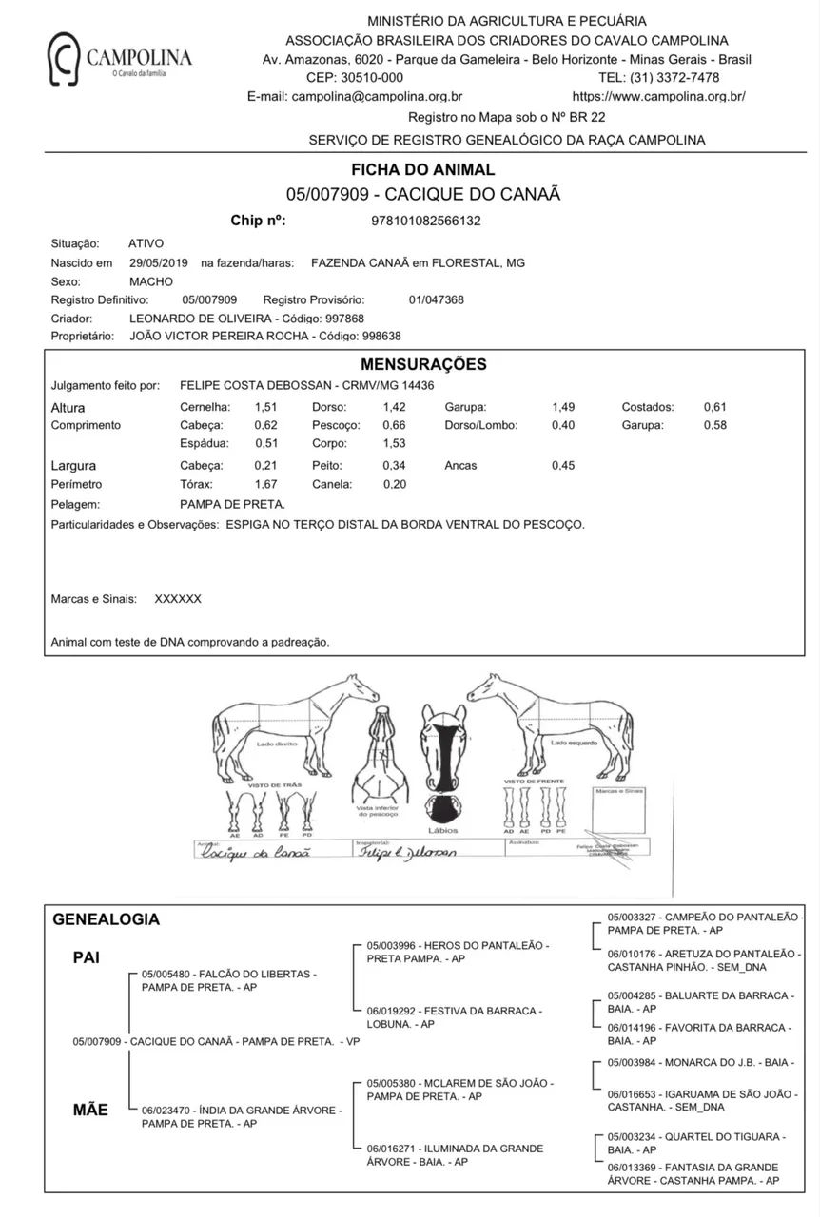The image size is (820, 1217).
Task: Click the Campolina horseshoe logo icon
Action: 65,58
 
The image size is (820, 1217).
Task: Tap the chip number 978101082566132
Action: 425,221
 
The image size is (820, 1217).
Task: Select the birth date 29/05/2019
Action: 159,262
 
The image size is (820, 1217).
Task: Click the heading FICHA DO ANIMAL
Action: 423,170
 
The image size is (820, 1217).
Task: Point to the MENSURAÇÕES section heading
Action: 423,364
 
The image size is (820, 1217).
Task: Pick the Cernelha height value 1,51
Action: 265,407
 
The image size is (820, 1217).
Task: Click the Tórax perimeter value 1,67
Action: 265,484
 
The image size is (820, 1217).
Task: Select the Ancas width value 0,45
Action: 563,466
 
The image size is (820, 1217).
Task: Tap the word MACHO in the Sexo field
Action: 151,281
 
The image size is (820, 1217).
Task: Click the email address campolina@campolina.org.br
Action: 378,96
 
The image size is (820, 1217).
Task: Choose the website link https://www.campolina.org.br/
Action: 658,96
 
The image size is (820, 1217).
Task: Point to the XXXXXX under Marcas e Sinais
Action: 178,599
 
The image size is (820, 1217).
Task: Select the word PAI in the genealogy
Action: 87,957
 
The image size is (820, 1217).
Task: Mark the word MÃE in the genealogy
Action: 90,1110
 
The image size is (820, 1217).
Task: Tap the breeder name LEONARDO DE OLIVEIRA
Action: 201,319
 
